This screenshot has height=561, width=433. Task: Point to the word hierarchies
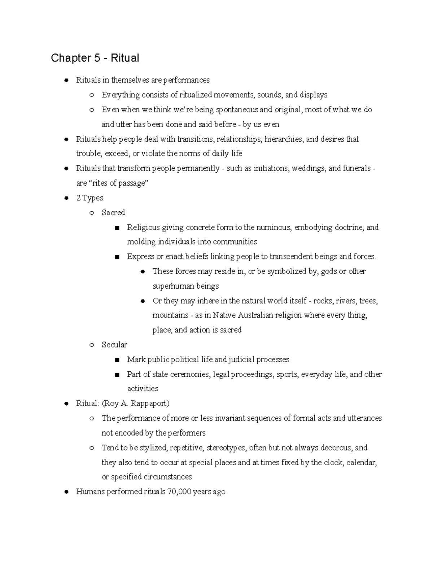pyautogui.click(x=283, y=139)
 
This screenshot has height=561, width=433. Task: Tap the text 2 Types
pyautogui.click(x=89, y=198)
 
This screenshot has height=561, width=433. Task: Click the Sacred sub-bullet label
pyautogui.click(x=113, y=213)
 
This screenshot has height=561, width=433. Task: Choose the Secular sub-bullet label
pyautogui.click(x=114, y=345)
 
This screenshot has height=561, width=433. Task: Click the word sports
pyautogui.click(x=287, y=375)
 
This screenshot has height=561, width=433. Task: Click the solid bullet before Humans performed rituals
pyautogui.click(x=66, y=492)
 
